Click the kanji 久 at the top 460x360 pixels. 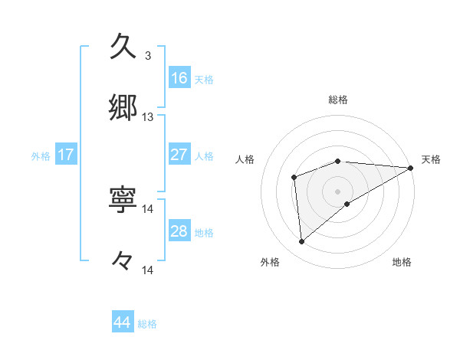[x=123, y=47]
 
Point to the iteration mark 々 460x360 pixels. [x=123, y=261]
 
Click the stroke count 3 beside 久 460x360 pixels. [x=147, y=56]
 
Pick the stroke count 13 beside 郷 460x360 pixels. [x=148, y=117]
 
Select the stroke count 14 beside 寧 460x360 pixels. [x=148, y=208]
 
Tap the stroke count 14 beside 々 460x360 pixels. [x=148, y=270]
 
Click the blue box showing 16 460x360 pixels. [x=179, y=78]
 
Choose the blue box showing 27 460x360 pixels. [x=179, y=155]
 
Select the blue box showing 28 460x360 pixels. [x=179, y=231]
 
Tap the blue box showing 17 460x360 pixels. [x=66, y=155]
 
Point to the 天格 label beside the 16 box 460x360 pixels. [x=204, y=79]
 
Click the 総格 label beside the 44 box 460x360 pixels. [x=147, y=324]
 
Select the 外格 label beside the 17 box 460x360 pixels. [x=41, y=156]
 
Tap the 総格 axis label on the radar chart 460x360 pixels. [x=338, y=100]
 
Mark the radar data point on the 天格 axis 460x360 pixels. [x=410, y=168]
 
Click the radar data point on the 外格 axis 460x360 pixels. [x=302, y=242]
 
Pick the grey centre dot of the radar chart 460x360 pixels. [x=338, y=191]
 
